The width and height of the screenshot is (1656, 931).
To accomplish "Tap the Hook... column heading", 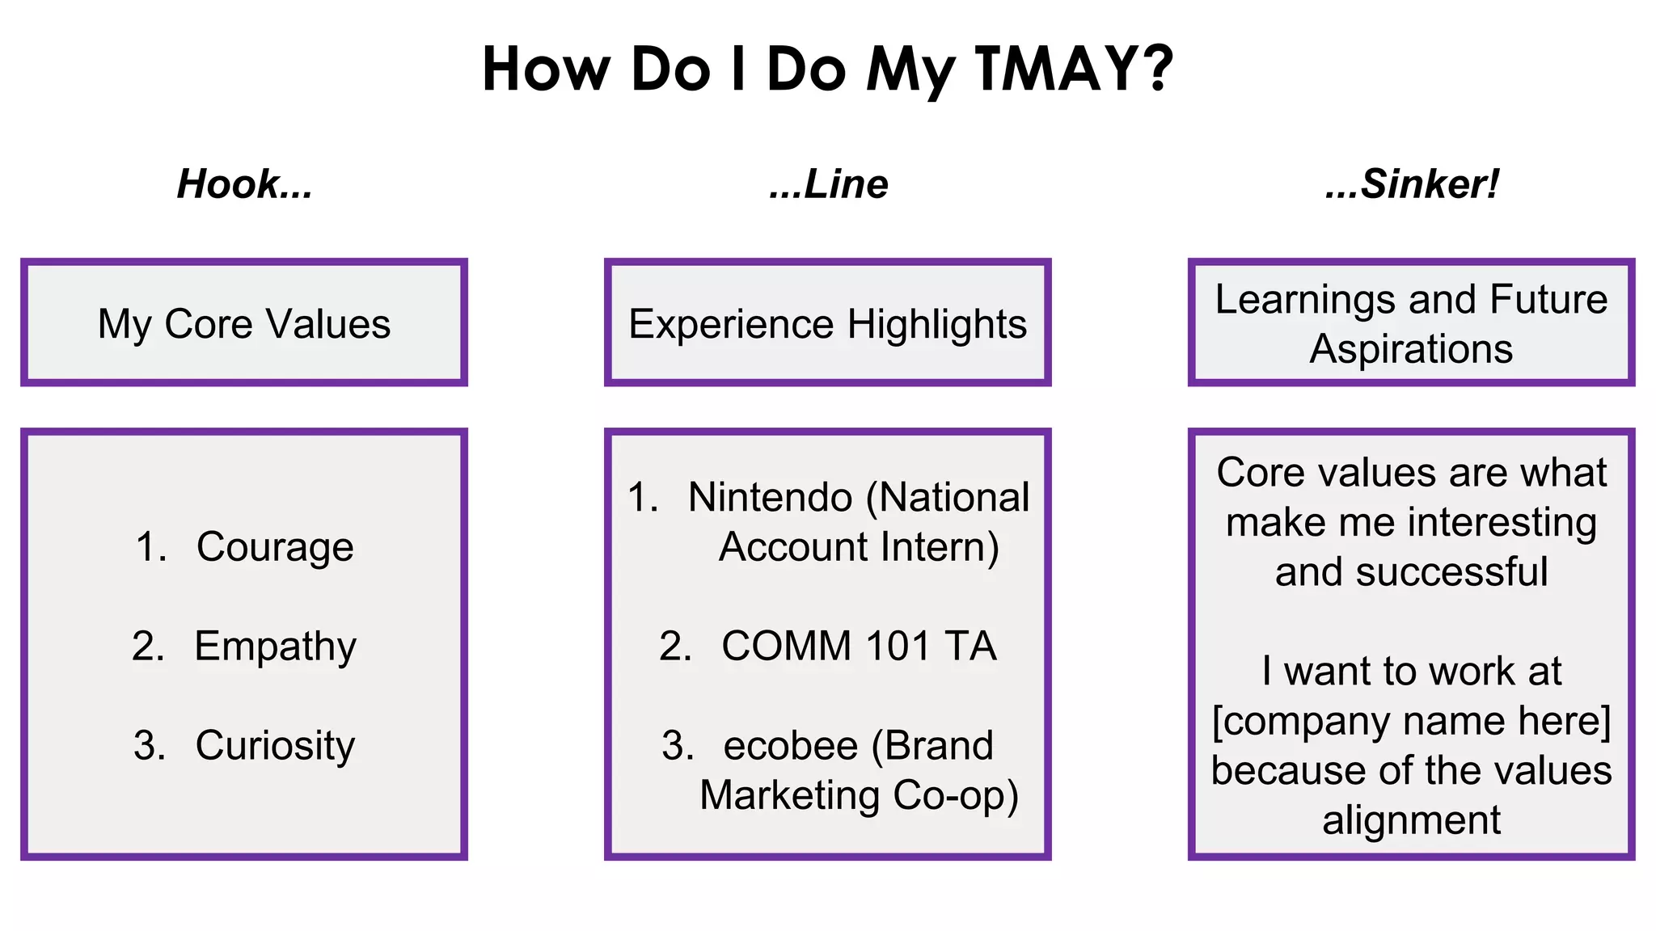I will click(244, 184).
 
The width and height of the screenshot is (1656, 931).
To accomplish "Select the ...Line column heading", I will click(828, 184).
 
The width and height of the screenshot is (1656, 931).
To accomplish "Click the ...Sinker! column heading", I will click(1411, 184).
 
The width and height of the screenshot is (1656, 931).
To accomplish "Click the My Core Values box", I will click(244, 323).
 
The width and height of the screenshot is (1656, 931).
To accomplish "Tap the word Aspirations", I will click(1411, 350).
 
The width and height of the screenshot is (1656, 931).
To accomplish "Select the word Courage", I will click(275, 548).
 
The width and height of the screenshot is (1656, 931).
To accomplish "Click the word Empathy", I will click(275, 647).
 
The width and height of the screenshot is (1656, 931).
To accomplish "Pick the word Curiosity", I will click(275, 746).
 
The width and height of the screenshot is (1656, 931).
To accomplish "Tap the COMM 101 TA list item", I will click(828, 647).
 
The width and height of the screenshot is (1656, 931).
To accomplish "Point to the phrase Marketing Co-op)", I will click(859, 796).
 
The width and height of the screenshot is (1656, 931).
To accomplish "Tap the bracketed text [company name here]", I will click(1411, 721).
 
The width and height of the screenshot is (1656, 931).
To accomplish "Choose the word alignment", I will click(1411, 821).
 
